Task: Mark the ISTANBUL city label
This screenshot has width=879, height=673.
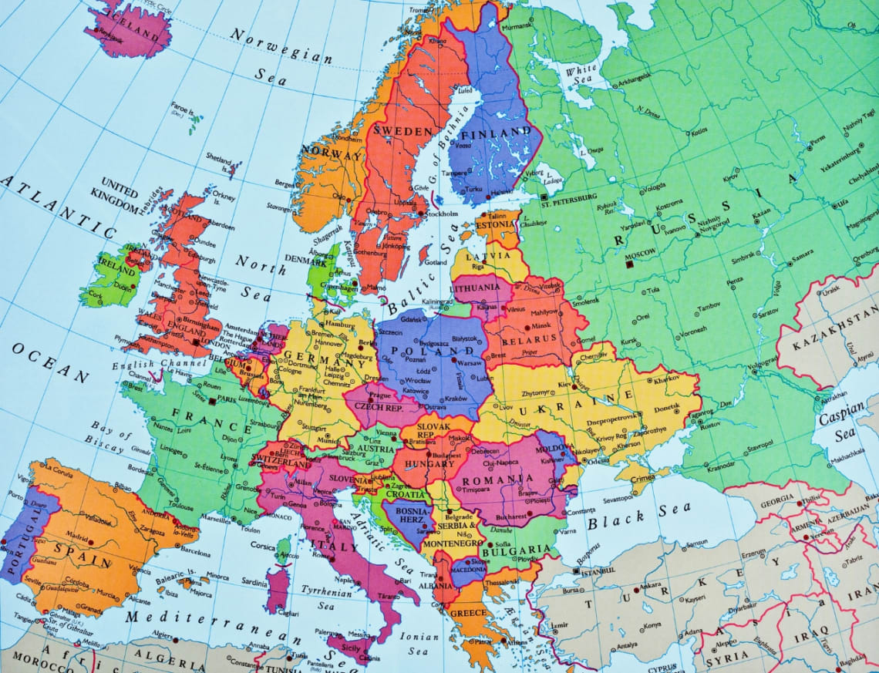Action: (x=598, y=572)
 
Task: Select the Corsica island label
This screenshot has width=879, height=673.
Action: (x=262, y=546)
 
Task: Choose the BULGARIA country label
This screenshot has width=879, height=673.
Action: (x=517, y=550)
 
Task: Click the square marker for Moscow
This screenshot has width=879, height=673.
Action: (x=629, y=264)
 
